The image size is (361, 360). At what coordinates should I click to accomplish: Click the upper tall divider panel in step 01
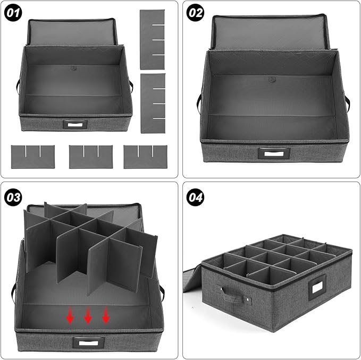[x=153, y=39]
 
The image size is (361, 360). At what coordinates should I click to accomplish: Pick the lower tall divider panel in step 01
[x=153, y=103]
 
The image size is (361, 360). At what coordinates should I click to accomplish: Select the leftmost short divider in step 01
[x=32, y=157]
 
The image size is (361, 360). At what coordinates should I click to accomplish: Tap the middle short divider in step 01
[x=90, y=157]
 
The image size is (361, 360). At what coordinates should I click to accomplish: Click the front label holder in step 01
[x=74, y=124]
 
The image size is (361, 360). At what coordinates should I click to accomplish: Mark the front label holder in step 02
[x=273, y=154]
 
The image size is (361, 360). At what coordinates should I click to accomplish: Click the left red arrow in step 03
[x=70, y=316]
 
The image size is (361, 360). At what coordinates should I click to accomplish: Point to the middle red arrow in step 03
[x=88, y=316]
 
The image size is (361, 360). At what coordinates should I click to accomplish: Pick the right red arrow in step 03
[x=106, y=316]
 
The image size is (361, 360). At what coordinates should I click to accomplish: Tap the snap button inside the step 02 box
[x=272, y=80]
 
